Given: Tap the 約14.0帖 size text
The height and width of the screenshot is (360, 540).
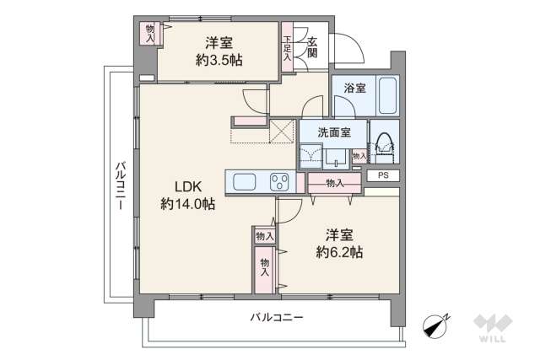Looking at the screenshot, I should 187,203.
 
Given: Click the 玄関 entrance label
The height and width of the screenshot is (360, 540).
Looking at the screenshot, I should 312,47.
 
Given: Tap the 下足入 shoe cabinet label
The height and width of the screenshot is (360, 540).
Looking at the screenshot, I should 288,47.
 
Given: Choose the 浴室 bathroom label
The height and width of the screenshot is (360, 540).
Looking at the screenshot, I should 354,88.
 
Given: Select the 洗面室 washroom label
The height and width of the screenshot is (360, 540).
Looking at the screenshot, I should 333,132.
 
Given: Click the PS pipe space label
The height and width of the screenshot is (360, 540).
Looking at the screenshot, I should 383,175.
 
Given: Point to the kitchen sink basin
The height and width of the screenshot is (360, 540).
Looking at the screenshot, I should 245,182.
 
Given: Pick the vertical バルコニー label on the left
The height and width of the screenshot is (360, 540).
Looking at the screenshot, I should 120,184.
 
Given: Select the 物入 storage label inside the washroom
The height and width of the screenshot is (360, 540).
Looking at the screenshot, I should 359,156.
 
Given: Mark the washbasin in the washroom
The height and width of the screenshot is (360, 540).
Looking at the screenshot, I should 312,155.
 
